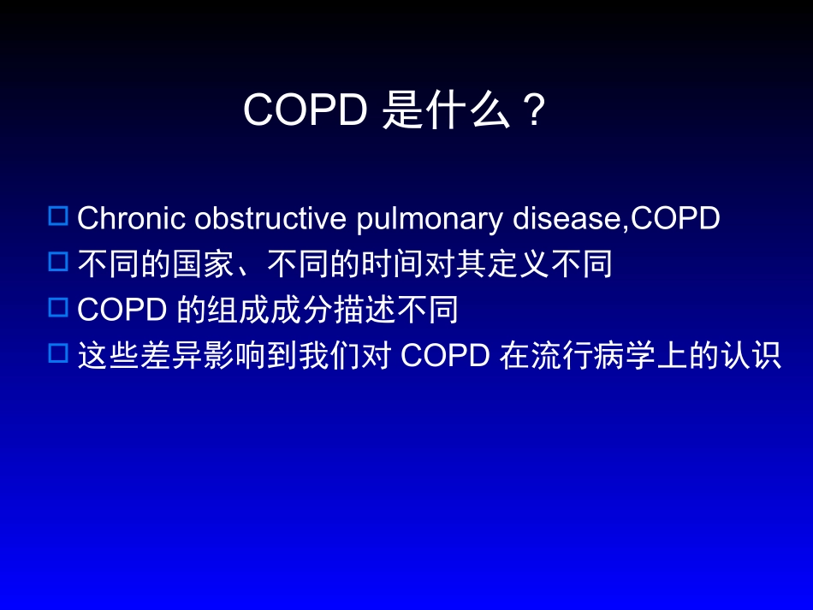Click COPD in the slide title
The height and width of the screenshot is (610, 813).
[x=305, y=110]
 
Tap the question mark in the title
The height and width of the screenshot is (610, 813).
[x=534, y=110]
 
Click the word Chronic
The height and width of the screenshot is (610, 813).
[x=132, y=219]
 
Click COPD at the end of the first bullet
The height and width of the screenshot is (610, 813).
[x=674, y=219]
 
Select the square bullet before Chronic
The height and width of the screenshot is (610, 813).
[x=58, y=216]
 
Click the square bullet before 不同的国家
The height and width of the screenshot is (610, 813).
[x=58, y=263]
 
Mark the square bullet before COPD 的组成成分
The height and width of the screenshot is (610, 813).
[x=58, y=308]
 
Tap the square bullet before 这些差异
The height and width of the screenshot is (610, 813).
[x=58, y=353]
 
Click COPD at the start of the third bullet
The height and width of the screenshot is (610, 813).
[x=122, y=311]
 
